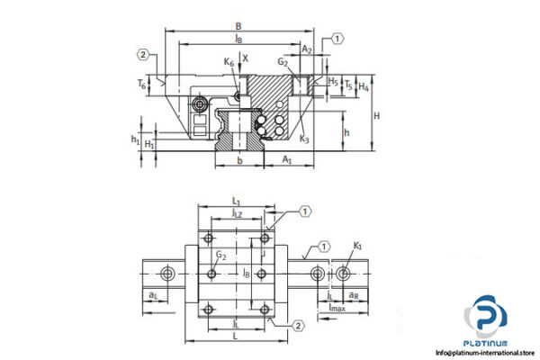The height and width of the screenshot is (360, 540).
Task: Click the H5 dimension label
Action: pos(333,80)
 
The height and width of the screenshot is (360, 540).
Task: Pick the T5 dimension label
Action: pos(348,86)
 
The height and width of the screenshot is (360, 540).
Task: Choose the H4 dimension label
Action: pos(364,86)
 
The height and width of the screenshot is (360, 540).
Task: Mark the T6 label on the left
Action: pos(141,84)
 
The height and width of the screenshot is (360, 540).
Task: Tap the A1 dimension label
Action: pos(287,159)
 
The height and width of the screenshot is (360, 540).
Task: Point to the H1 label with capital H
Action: pos(150,144)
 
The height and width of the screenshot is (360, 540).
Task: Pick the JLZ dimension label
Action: pos(238,213)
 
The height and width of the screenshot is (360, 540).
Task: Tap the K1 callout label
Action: pos(358,245)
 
